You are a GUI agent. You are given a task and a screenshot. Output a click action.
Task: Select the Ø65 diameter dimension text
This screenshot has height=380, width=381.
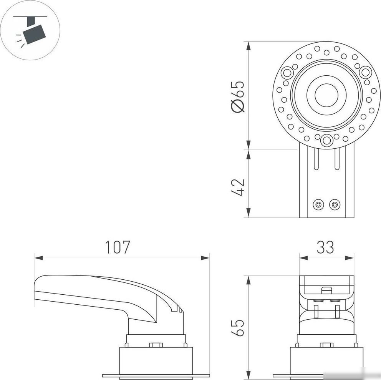[238, 96]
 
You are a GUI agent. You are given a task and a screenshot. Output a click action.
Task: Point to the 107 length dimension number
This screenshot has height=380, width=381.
[118, 247]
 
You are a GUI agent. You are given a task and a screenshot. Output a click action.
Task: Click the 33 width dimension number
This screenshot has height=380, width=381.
[325, 247]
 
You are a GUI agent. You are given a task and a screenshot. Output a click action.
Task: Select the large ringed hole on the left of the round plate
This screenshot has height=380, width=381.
[287, 72]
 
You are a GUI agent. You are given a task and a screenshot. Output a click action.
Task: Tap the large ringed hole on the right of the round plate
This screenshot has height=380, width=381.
[366, 72]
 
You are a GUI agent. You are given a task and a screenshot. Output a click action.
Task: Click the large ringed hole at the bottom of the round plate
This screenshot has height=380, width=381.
[326, 141]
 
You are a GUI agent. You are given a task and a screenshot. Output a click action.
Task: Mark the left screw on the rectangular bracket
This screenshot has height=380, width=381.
[318, 204]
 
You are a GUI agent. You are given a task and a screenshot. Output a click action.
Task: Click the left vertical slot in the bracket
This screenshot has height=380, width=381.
[316, 159]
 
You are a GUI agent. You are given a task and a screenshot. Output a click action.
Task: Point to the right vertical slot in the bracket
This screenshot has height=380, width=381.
[337, 159]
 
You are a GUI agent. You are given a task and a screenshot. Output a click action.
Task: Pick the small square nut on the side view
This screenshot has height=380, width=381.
[156, 345]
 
